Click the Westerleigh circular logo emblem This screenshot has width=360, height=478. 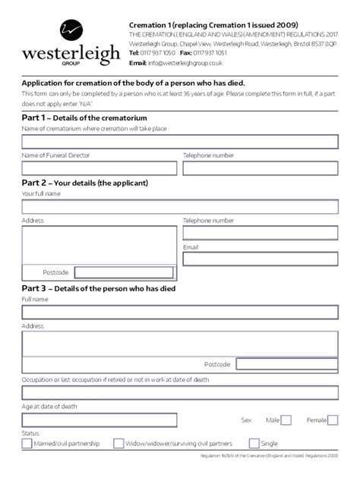pos(71,31)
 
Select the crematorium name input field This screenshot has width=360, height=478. pos(180,142)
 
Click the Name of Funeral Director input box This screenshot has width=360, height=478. pos(99,168)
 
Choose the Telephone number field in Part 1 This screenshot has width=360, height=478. pos(260,168)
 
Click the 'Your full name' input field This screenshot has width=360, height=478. pos(180,207)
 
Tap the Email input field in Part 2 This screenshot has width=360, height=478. pos(260,259)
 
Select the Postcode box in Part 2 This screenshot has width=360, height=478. pos(124,272)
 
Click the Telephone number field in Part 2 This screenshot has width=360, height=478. pos(260,233)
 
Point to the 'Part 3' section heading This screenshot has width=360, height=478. pos(99,288)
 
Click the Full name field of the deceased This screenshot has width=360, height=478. pos(180,313)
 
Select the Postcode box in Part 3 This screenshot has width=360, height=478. pos(286,364)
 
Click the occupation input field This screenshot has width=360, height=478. pos(180,393)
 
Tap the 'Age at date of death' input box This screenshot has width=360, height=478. pos(99,420)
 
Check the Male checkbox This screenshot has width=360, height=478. pos(286,420)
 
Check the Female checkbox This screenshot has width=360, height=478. pos(332,420)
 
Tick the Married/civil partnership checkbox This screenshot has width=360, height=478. pos(27,443)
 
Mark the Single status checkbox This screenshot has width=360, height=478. pos(254,443)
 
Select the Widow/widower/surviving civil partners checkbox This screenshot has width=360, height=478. pos(118,443)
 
